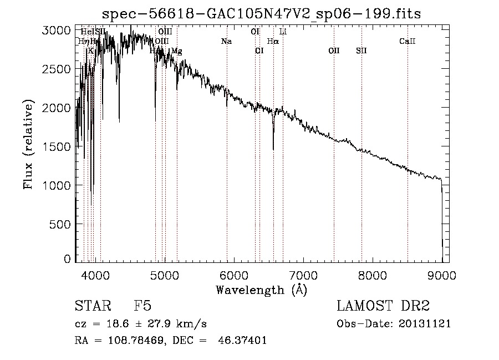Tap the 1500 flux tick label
click(x=57, y=146)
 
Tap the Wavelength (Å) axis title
click(x=261, y=290)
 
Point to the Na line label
click(x=226, y=42)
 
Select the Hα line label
click(x=273, y=42)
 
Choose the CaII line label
click(x=408, y=42)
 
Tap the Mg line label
click(x=176, y=51)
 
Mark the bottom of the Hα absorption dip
click(x=273, y=149)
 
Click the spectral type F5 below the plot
click(x=142, y=306)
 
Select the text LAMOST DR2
click(x=383, y=306)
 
